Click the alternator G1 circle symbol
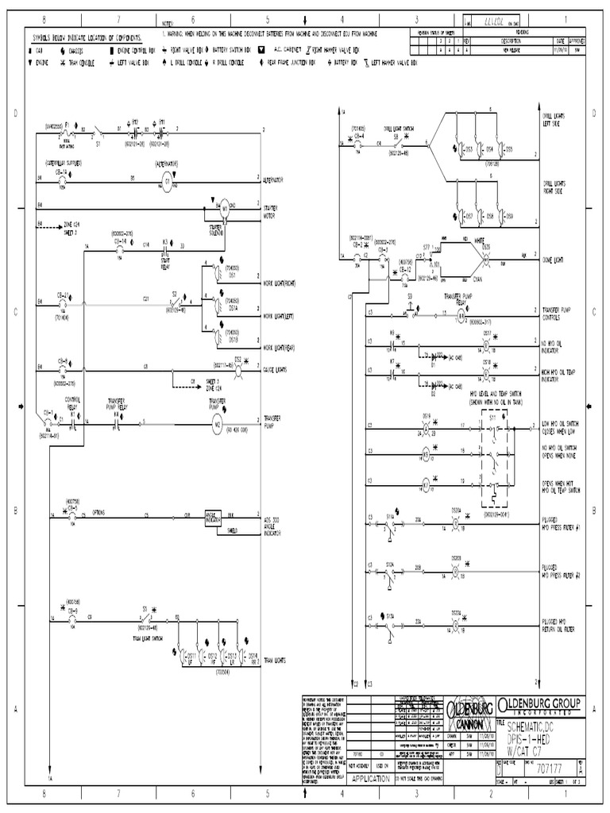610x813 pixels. coord(168,181)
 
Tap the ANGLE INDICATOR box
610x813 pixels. coord(213,515)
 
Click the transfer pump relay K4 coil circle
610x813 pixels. coord(459,315)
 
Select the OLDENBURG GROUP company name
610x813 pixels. coord(539,705)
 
